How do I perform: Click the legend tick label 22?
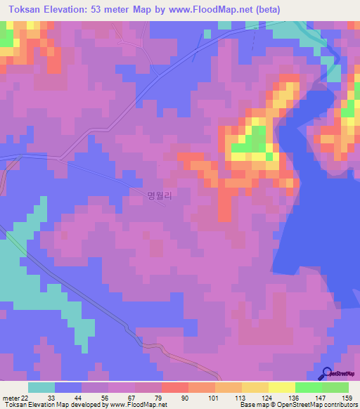point(25,397)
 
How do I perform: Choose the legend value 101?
point(212,397)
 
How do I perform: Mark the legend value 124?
point(266,397)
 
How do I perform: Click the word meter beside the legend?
point(10,397)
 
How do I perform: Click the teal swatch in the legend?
point(41,387)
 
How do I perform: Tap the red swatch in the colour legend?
point(174,387)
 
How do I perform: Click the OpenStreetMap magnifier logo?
point(326,374)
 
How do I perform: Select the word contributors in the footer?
point(341,405)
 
